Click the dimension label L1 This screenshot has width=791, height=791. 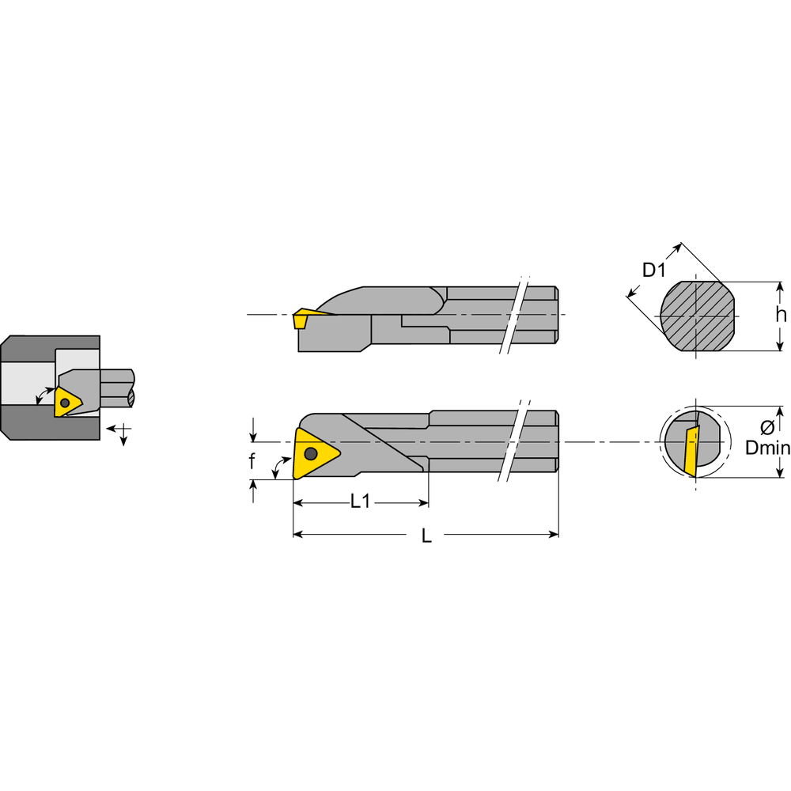point(360,501)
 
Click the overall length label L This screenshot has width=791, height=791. point(426,536)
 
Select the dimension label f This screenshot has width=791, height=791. point(252,462)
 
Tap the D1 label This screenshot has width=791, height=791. point(653,271)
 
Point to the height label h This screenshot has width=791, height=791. point(781,315)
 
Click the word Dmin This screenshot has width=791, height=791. point(768,448)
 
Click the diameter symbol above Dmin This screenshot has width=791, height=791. point(766,428)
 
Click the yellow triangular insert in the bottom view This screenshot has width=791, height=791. point(313,453)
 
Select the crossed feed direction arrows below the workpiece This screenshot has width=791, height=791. point(122,431)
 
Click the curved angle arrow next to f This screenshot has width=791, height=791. point(278,466)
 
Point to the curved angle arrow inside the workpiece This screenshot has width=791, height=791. point(43,395)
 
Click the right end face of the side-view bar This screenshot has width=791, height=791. point(557,315)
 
